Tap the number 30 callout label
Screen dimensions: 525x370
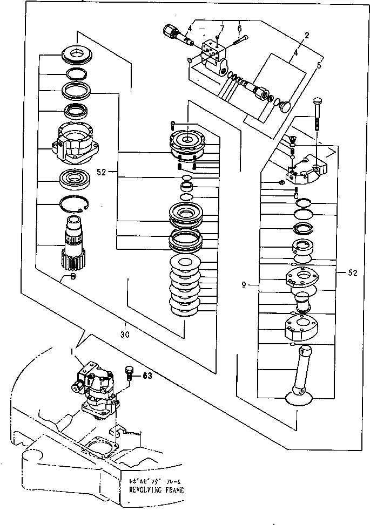tap(125, 326)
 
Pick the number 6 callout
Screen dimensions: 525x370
tap(239, 28)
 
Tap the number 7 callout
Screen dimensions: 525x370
tap(221, 28)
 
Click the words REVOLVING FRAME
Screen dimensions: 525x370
tap(156, 490)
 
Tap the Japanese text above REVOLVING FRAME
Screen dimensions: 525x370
tap(156, 481)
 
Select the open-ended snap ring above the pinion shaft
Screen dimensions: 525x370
tap(74, 206)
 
